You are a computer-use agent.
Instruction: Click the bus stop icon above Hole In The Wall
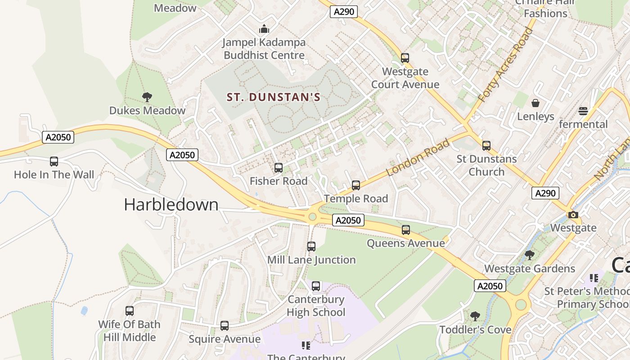(x=54, y=162)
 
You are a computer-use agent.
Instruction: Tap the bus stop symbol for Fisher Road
(x=279, y=168)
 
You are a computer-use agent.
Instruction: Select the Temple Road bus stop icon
(x=356, y=185)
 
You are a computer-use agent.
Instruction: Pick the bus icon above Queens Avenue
(x=406, y=230)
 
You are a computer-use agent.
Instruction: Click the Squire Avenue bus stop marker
(x=225, y=326)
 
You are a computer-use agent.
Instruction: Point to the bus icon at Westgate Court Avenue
(x=405, y=58)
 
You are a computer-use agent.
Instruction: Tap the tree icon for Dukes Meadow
(x=147, y=97)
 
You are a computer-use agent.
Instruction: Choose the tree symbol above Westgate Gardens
(x=530, y=255)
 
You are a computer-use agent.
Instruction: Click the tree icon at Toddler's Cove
(x=475, y=316)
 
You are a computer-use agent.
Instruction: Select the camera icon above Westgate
(x=573, y=215)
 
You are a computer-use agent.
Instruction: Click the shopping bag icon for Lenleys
(x=535, y=103)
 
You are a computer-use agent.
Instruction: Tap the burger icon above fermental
(x=583, y=111)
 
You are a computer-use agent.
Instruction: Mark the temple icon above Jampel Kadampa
(x=264, y=29)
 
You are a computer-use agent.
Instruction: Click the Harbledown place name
(x=171, y=205)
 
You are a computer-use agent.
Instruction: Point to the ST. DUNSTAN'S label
(x=273, y=97)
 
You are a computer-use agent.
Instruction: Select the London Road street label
(x=418, y=158)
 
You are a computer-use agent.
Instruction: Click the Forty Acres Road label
(x=505, y=65)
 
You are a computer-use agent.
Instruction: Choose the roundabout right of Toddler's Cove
(x=521, y=305)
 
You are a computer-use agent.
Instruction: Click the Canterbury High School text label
(x=316, y=306)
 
